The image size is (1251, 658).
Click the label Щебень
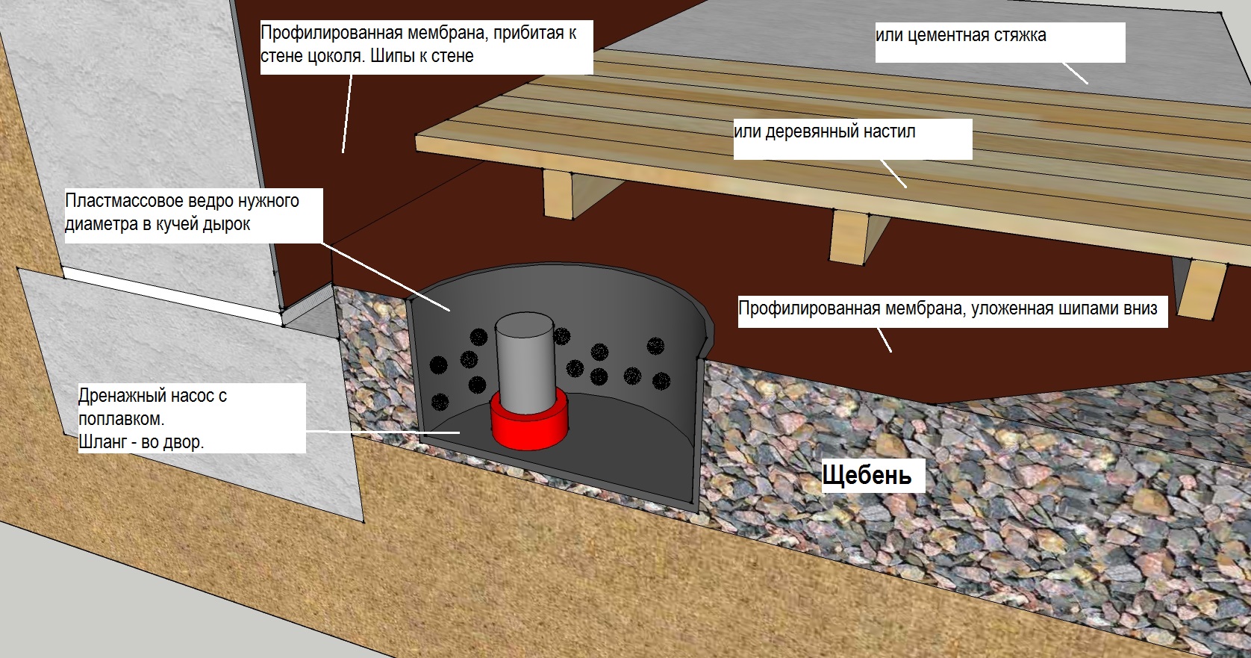coord(866,475)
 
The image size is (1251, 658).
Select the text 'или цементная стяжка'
coord(961,35)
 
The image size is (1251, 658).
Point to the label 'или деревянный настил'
coord(824,131)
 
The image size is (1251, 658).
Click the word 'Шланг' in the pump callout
coord(102,441)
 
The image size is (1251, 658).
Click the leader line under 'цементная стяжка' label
coord(1075,72)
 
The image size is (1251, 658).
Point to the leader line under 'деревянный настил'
coord(893,173)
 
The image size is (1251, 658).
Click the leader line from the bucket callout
coord(385,277)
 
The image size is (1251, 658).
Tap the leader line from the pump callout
coord(383,432)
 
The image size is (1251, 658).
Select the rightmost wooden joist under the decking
coord(1201,289)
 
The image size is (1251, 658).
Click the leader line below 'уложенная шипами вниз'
coord(884,339)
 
